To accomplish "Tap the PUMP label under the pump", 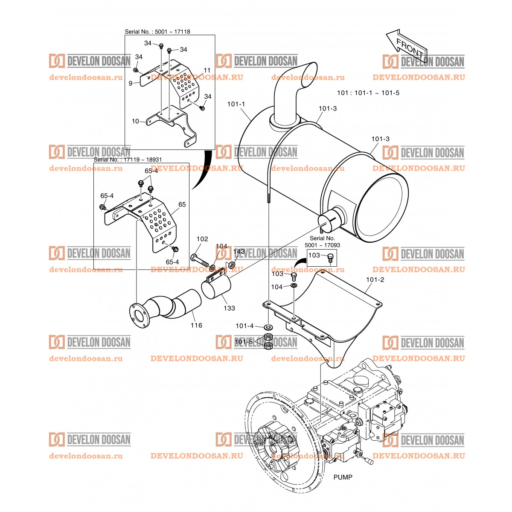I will pos(343,477).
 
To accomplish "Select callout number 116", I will pos(196,326).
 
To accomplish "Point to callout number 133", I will pos(229,308).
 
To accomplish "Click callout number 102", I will pos(202,239).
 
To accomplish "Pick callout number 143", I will pos(239,252).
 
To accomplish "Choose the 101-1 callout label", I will pos(236,104).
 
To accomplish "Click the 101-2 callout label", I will pos(375,280).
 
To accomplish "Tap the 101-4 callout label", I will pos(244,326).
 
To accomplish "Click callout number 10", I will pos(135,121).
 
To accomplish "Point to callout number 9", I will pos(131,84).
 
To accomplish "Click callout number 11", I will pos(207,70).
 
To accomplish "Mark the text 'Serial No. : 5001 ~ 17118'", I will pos(157,32).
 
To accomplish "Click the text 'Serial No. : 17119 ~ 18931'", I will pos(128,159).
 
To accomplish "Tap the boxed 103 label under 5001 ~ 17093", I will pos(314,255).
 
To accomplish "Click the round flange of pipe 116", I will pos(139,315).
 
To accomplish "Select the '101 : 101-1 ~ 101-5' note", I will pos(368,93).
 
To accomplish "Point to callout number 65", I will pos(182,205).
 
